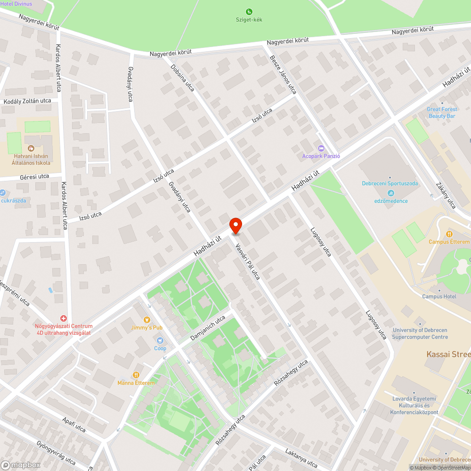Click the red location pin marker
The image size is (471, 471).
pos(235,226)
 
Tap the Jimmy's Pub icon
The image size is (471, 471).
pos(146,319)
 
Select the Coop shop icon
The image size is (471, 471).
pos(160,340)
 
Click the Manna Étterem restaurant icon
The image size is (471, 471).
pos(136,375)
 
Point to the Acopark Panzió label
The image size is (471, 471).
pos(321,156)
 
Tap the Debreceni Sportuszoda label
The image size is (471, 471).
pos(390,184)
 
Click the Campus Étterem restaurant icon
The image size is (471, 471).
pos(449,234)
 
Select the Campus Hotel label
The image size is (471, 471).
pos(439,297)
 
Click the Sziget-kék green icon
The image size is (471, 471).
pos(249,12)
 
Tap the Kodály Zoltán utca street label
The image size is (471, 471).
pos(27,101)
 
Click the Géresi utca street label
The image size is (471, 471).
pos(34,177)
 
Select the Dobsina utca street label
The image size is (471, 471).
pos(183,78)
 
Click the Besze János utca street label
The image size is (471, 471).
pos(283,74)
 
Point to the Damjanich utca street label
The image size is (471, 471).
pos(208,329)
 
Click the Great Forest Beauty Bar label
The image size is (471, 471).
pos(442,112)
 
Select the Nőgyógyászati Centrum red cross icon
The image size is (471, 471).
pos(64,319)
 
